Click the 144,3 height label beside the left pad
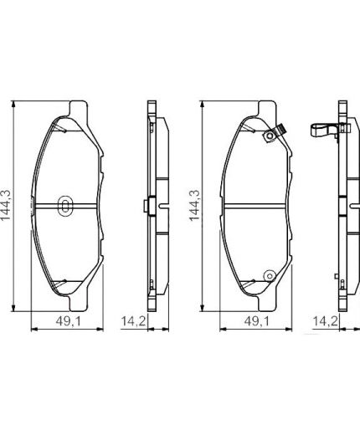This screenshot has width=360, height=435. click(x=8, y=205)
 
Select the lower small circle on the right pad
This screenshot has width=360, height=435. click(x=269, y=276)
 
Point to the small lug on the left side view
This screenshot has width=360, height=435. click(x=147, y=206)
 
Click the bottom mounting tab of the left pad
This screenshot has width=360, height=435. click(x=78, y=299)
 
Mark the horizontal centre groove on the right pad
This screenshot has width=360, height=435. click(x=255, y=205)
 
